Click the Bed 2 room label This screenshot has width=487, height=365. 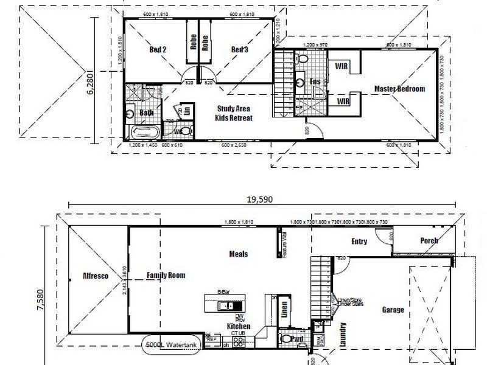(158, 50)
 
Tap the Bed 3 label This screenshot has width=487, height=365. (239, 50)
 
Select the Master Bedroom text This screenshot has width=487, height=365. (399, 89)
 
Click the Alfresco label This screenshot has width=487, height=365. (96, 276)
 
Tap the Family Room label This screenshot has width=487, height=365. (166, 276)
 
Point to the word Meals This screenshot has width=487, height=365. (238, 254)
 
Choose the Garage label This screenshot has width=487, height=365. (393, 310)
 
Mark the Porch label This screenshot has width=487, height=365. (429, 241)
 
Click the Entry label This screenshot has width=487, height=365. (359, 242)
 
